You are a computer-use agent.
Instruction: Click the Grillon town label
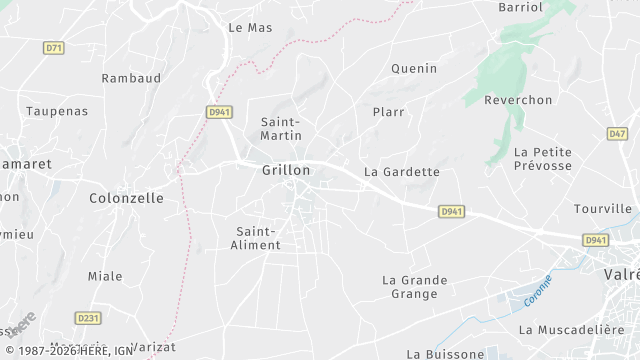coord(286,170)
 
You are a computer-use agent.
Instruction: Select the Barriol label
coord(521,7)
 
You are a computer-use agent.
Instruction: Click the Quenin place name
coord(414,68)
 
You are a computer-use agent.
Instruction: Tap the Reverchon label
coord(518,100)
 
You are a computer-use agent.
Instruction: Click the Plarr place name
coord(388,112)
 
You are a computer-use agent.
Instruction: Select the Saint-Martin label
coord(281,128)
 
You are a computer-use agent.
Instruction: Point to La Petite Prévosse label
coord(542,158)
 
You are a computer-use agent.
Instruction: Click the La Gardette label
coord(402,171)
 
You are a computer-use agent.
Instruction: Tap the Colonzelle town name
coord(126,198)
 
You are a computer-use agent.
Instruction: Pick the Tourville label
coord(603,209)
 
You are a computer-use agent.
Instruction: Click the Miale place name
coord(105,276)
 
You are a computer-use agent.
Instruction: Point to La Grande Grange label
coord(415,287)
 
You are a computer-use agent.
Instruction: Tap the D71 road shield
coord(54,47)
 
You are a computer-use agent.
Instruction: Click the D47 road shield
coord(617,133)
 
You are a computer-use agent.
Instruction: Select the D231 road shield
coord(89,318)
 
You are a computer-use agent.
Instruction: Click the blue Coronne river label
coord(538,290)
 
